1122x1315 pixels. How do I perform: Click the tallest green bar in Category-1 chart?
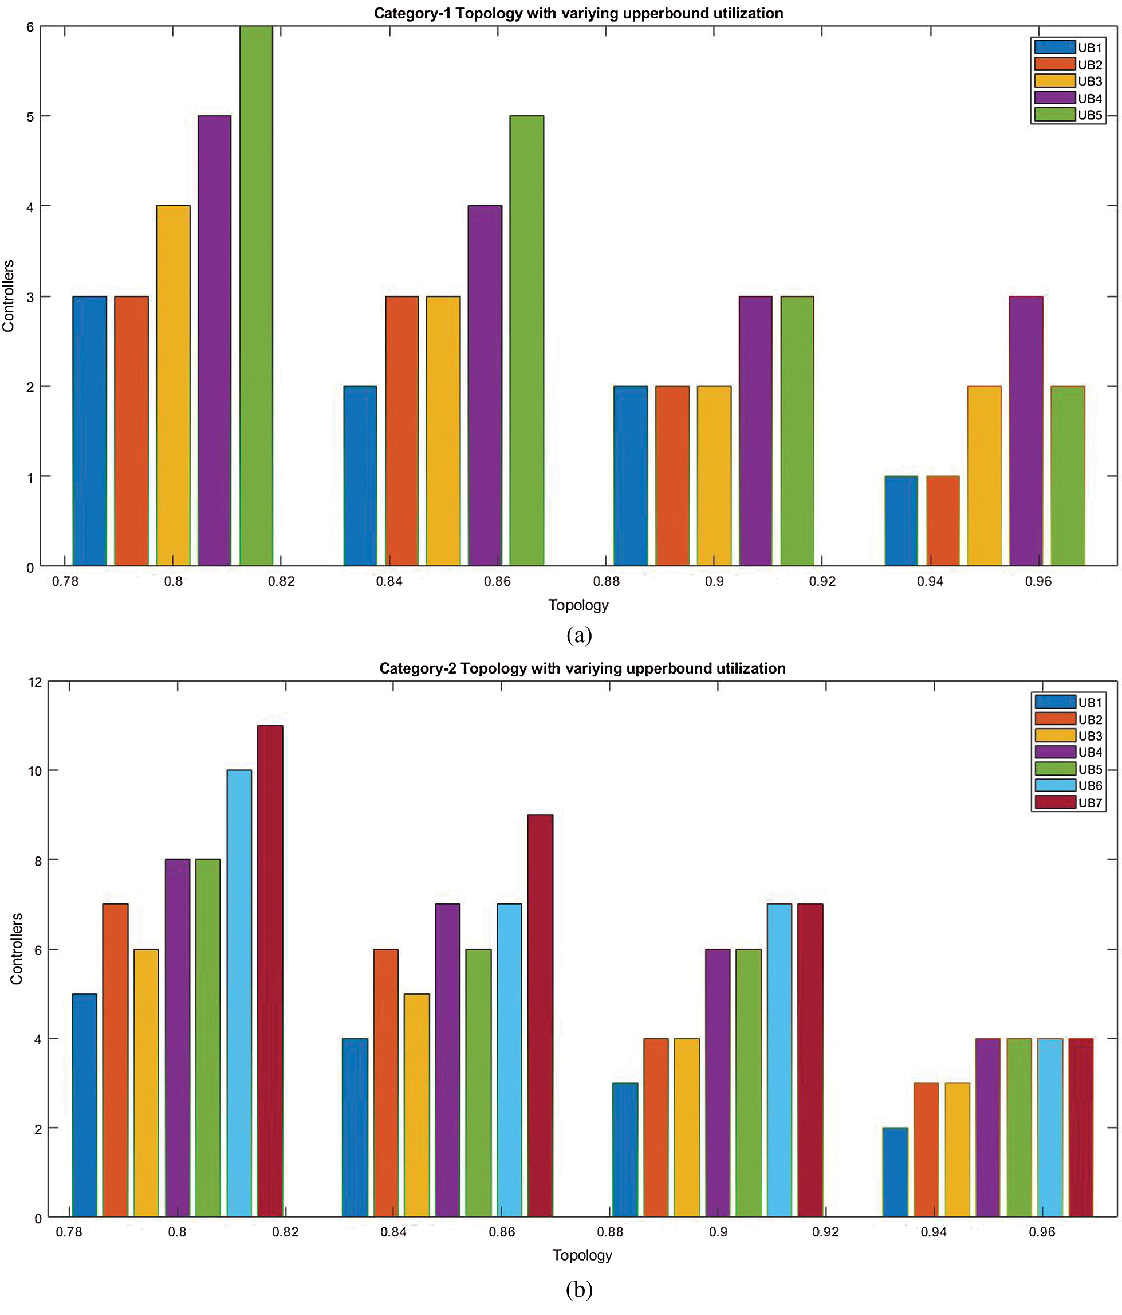(255, 295)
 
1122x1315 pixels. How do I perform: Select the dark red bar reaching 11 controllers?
(270, 971)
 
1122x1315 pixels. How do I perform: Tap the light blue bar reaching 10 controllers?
(239, 993)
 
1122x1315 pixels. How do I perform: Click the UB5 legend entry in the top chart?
(1069, 115)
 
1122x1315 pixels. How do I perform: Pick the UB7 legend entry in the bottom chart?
(1069, 802)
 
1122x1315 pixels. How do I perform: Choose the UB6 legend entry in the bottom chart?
(1069, 786)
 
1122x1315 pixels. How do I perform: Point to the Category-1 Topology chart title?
(578, 13)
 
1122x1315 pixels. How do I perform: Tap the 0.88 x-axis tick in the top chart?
(606, 581)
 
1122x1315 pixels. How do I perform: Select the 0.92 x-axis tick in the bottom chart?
(825, 1232)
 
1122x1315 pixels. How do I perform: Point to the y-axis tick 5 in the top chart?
(30, 117)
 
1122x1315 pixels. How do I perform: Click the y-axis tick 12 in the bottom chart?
(35, 682)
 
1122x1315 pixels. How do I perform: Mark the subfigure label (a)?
(578, 635)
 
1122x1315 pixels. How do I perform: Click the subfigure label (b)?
(578, 1290)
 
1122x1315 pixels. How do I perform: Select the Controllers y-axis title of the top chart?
(8, 296)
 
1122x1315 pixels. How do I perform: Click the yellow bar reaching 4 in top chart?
(172, 385)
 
